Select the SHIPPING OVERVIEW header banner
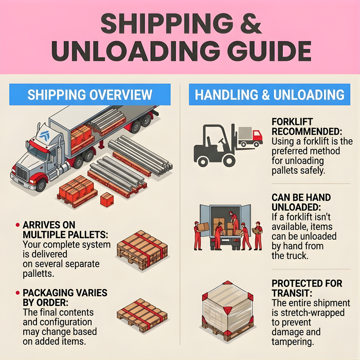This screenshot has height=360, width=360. (x=90, y=95)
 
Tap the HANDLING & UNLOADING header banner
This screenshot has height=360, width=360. (x=269, y=95)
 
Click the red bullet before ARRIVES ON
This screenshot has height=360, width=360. (x=18, y=226)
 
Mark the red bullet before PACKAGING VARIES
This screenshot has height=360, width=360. (x=18, y=293)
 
